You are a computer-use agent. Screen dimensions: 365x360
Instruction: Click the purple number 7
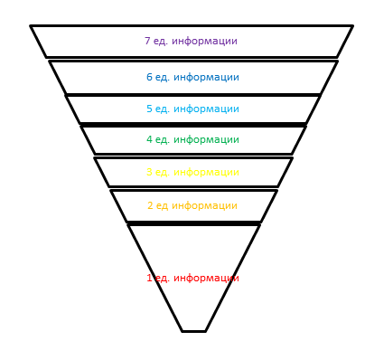click(147, 41)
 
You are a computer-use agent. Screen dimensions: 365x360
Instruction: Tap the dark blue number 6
click(149, 77)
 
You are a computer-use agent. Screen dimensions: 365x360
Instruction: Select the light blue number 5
click(149, 109)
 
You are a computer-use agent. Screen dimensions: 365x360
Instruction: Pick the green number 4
click(150, 139)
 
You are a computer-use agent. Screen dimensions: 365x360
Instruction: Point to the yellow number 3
click(149, 172)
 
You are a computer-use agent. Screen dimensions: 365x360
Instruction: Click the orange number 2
click(150, 205)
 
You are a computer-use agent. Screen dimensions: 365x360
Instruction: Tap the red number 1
click(150, 278)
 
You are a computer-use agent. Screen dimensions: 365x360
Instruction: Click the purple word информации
click(204, 42)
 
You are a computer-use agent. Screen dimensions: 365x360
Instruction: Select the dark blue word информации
click(206, 78)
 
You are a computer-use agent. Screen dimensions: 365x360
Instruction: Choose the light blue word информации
click(206, 109)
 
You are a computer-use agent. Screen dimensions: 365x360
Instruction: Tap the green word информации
click(206, 140)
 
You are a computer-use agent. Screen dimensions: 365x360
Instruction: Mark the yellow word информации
click(206, 173)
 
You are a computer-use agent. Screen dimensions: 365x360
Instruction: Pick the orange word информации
click(204, 206)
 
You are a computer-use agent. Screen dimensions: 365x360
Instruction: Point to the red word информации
click(206, 279)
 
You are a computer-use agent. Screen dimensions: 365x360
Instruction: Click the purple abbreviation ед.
click(161, 42)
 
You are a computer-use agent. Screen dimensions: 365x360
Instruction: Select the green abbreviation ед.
click(163, 140)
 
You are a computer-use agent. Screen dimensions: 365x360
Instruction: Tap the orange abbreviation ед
click(162, 206)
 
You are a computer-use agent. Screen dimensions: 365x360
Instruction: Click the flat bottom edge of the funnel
click(194, 331)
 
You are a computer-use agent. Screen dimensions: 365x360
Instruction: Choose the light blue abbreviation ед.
click(163, 109)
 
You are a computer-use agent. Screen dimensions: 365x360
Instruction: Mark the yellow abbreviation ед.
click(163, 173)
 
